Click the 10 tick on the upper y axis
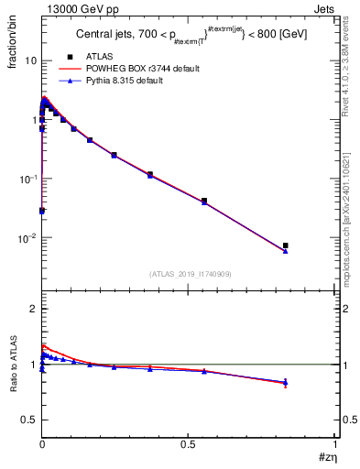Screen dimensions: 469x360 [x=30, y=60]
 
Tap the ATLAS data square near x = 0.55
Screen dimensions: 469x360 [x=204, y=201]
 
